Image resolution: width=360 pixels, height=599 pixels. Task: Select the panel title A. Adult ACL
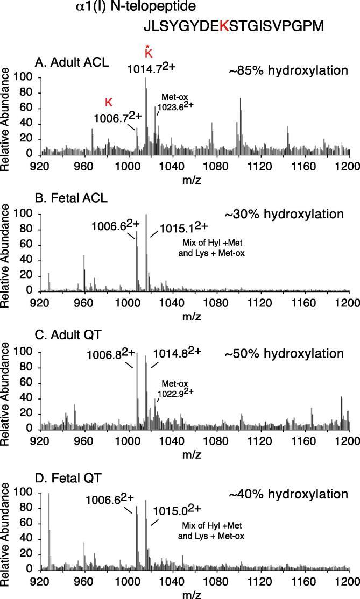click(72, 61)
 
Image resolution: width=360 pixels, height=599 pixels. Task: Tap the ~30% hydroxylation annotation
click(284, 214)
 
